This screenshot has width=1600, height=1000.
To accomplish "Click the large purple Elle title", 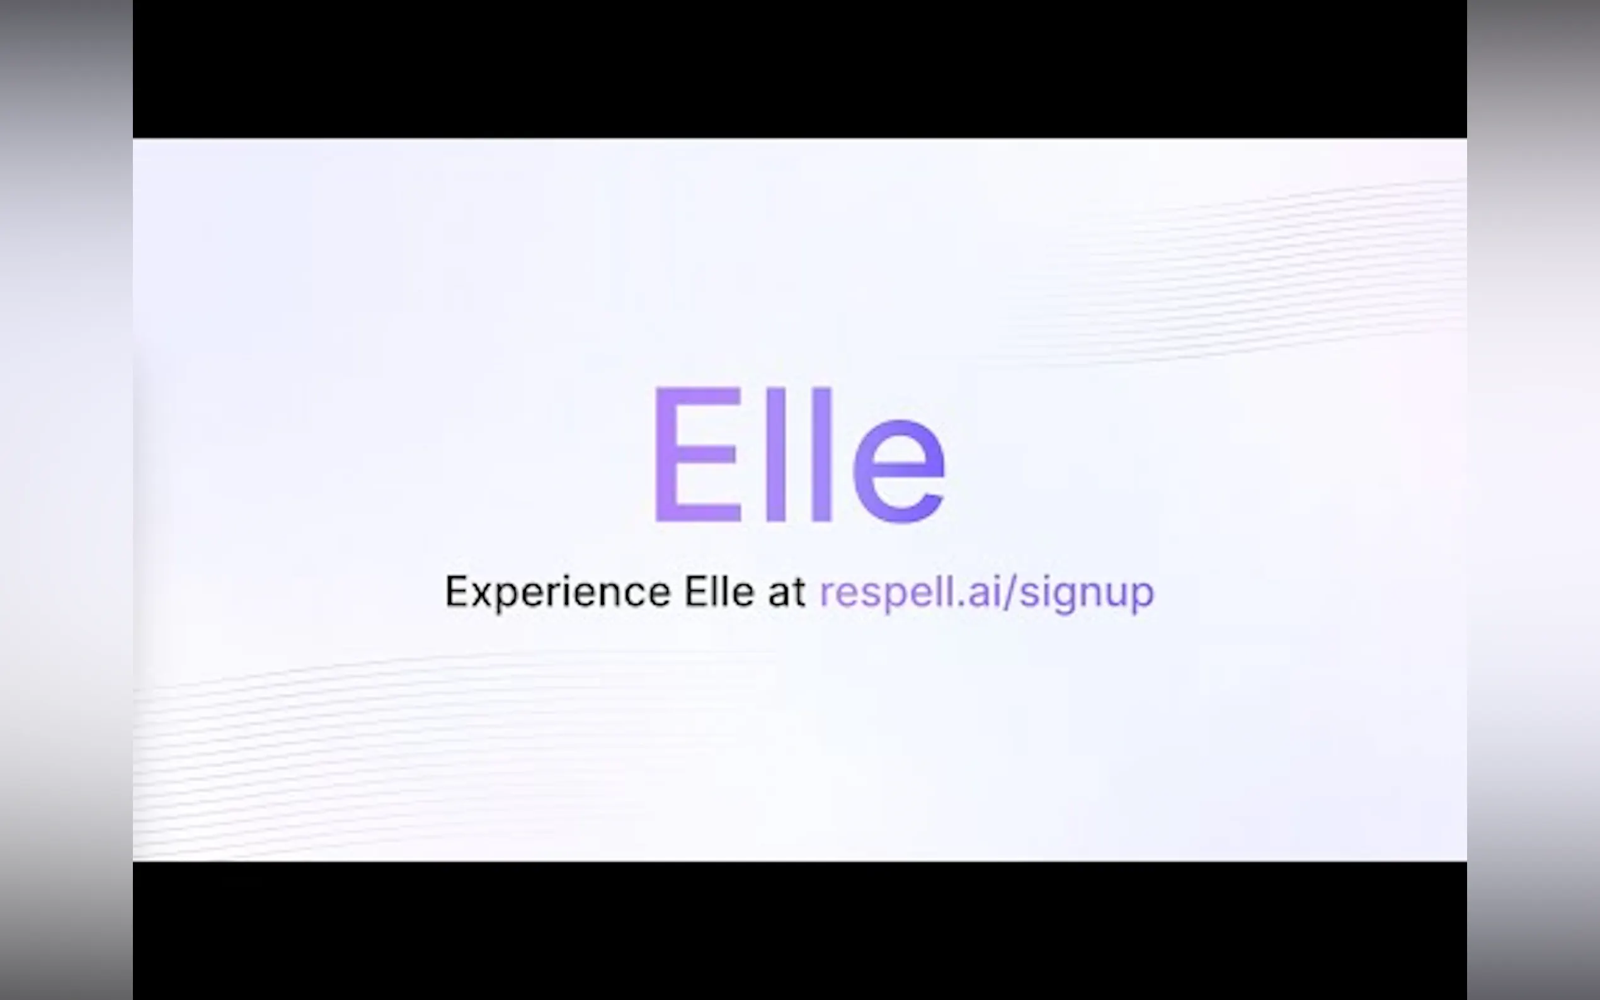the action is click(799, 455).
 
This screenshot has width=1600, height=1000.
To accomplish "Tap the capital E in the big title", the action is click(697, 455).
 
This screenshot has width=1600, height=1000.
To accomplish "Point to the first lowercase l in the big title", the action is click(776, 455).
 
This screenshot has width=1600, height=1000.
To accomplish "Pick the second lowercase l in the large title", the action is click(821, 455).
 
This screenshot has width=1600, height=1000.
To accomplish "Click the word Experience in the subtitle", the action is click(557, 593).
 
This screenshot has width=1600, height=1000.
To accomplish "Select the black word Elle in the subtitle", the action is click(719, 591).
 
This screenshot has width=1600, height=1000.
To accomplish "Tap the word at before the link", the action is click(786, 592).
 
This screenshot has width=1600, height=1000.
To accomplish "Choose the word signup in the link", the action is click(1087, 593).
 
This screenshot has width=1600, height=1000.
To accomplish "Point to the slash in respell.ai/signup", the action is click(1009, 592).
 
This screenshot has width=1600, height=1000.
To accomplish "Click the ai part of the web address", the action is click(983, 591).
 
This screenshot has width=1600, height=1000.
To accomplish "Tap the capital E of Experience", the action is click(457, 591).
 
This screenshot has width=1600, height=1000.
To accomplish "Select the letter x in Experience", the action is click(485, 595).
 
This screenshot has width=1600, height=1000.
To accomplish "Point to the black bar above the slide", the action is click(799, 69).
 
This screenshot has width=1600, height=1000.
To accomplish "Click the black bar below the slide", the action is click(799, 931).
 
